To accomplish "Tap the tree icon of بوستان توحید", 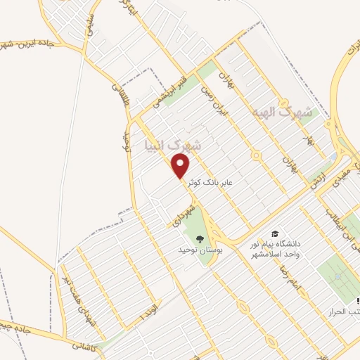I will point(200,239).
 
